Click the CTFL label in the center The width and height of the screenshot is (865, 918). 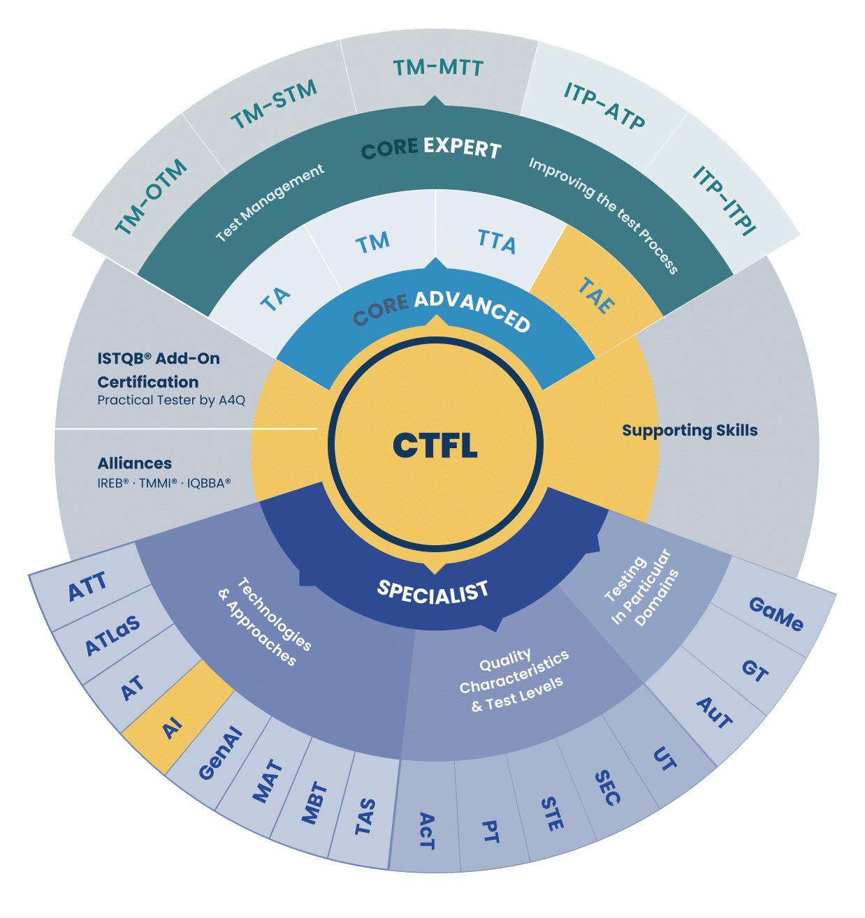(x=435, y=445)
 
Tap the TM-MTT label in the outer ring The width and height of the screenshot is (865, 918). (x=438, y=68)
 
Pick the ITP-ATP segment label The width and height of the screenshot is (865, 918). (x=604, y=106)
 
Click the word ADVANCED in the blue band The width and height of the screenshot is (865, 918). (x=472, y=311)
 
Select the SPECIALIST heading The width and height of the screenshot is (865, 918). (x=432, y=592)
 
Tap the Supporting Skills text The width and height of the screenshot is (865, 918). (x=690, y=430)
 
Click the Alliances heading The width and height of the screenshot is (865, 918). (x=135, y=463)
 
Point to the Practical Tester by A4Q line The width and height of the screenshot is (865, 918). (x=171, y=400)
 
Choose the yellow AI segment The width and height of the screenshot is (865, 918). (x=177, y=716)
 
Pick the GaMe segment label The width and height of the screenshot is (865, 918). (x=776, y=614)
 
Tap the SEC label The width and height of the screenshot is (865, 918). (x=607, y=787)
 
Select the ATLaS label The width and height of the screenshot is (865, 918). (x=113, y=635)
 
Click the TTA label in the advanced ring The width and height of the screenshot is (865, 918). (x=497, y=242)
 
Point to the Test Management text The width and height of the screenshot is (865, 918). (x=270, y=203)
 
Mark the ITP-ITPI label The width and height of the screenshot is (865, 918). (x=725, y=200)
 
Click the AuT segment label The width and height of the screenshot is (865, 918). (x=715, y=713)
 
